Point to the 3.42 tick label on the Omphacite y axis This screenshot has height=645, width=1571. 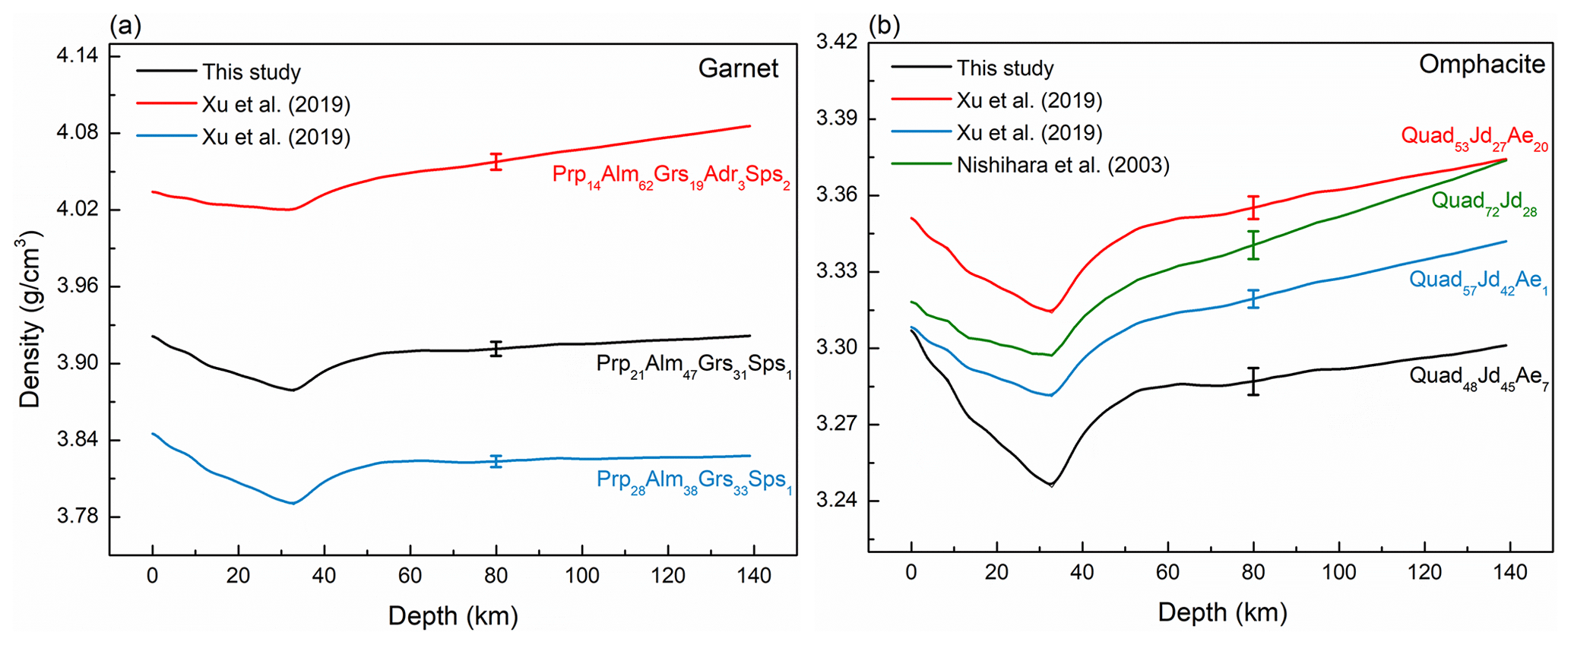836,42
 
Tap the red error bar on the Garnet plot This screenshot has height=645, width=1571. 496,162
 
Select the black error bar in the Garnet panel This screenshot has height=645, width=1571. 496,349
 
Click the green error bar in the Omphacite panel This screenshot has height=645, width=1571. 1253,245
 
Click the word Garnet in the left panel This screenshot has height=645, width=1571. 738,69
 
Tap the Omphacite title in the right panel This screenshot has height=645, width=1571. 1481,65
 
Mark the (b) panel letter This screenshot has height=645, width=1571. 884,26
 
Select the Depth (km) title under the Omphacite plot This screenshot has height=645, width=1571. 1222,612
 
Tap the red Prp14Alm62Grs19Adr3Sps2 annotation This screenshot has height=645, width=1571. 670,176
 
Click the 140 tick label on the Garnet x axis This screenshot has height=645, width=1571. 750,575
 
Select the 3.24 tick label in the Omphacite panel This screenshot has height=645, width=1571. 836,501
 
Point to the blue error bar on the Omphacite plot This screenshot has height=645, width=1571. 1253,299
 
